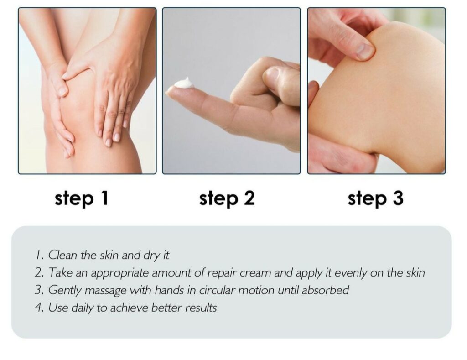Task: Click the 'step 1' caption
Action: pos(81,198)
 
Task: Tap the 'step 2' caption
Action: pos(227,198)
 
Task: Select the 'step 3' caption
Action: pos(376,198)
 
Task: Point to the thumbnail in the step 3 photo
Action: pos(365,51)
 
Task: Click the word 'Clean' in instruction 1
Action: pos(62,255)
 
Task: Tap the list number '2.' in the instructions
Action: pos(40,273)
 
